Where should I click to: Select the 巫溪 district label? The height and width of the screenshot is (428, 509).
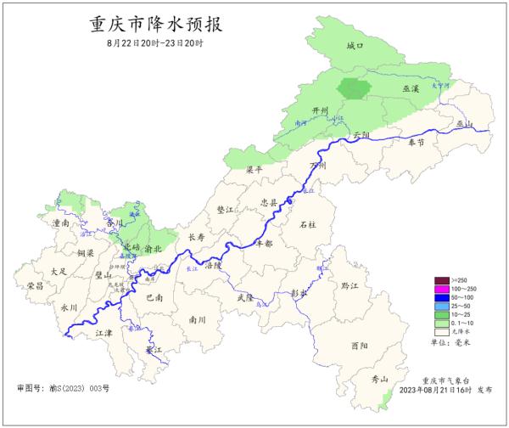(411, 88)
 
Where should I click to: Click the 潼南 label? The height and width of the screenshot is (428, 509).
(61, 222)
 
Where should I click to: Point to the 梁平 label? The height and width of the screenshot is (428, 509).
(255, 170)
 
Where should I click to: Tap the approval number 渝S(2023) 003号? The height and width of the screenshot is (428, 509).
(64, 388)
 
